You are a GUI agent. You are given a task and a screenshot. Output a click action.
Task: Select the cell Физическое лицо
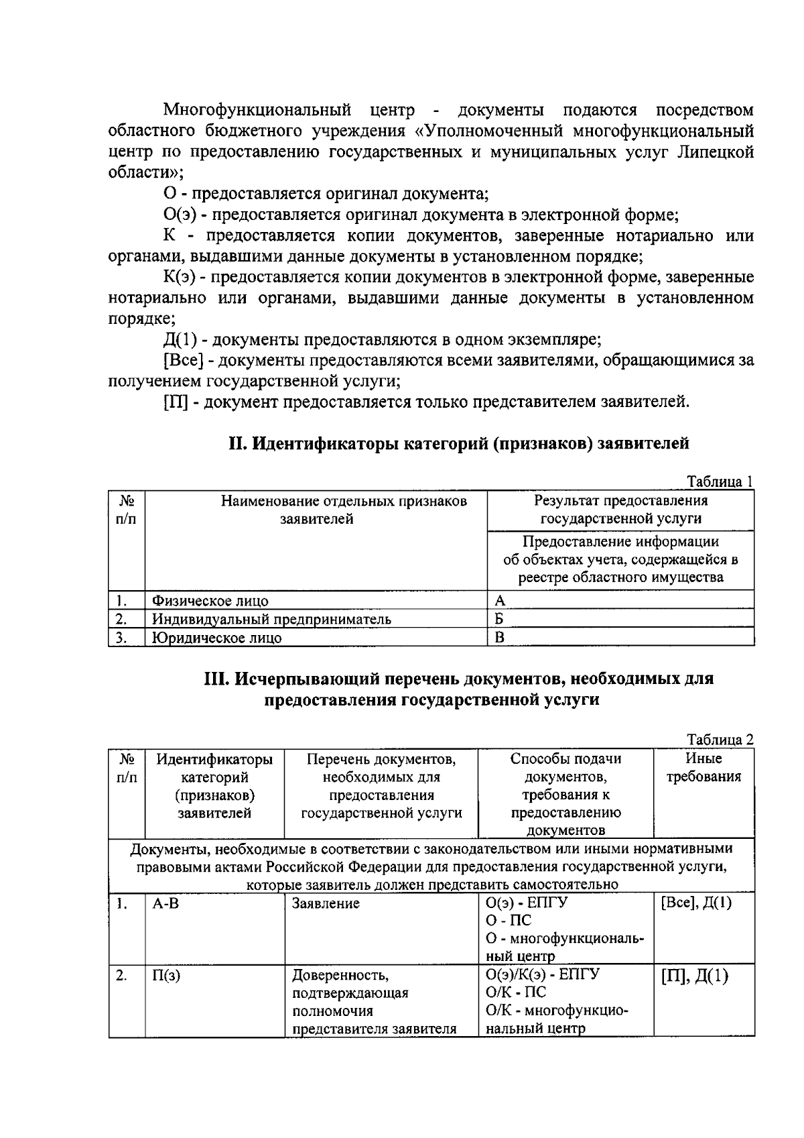coord(210,601)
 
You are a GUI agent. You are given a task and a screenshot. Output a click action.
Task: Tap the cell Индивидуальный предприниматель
coord(271,619)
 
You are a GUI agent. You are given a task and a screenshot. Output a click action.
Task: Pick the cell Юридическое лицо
coord(216,638)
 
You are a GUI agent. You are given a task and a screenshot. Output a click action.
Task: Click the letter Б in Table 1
coord(499,619)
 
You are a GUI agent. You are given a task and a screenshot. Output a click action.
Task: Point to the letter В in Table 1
coord(499,638)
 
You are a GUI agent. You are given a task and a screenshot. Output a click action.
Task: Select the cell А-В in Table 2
coord(165,903)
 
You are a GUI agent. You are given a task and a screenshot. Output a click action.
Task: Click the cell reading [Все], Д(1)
coord(696,903)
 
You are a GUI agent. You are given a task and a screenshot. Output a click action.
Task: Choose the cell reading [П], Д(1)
coord(695,976)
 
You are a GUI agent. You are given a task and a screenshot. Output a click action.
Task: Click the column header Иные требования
coord(703,768)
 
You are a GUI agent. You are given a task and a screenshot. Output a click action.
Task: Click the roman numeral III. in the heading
coord(217,679)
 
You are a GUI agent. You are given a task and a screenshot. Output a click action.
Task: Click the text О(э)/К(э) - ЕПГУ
coord(542,974)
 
